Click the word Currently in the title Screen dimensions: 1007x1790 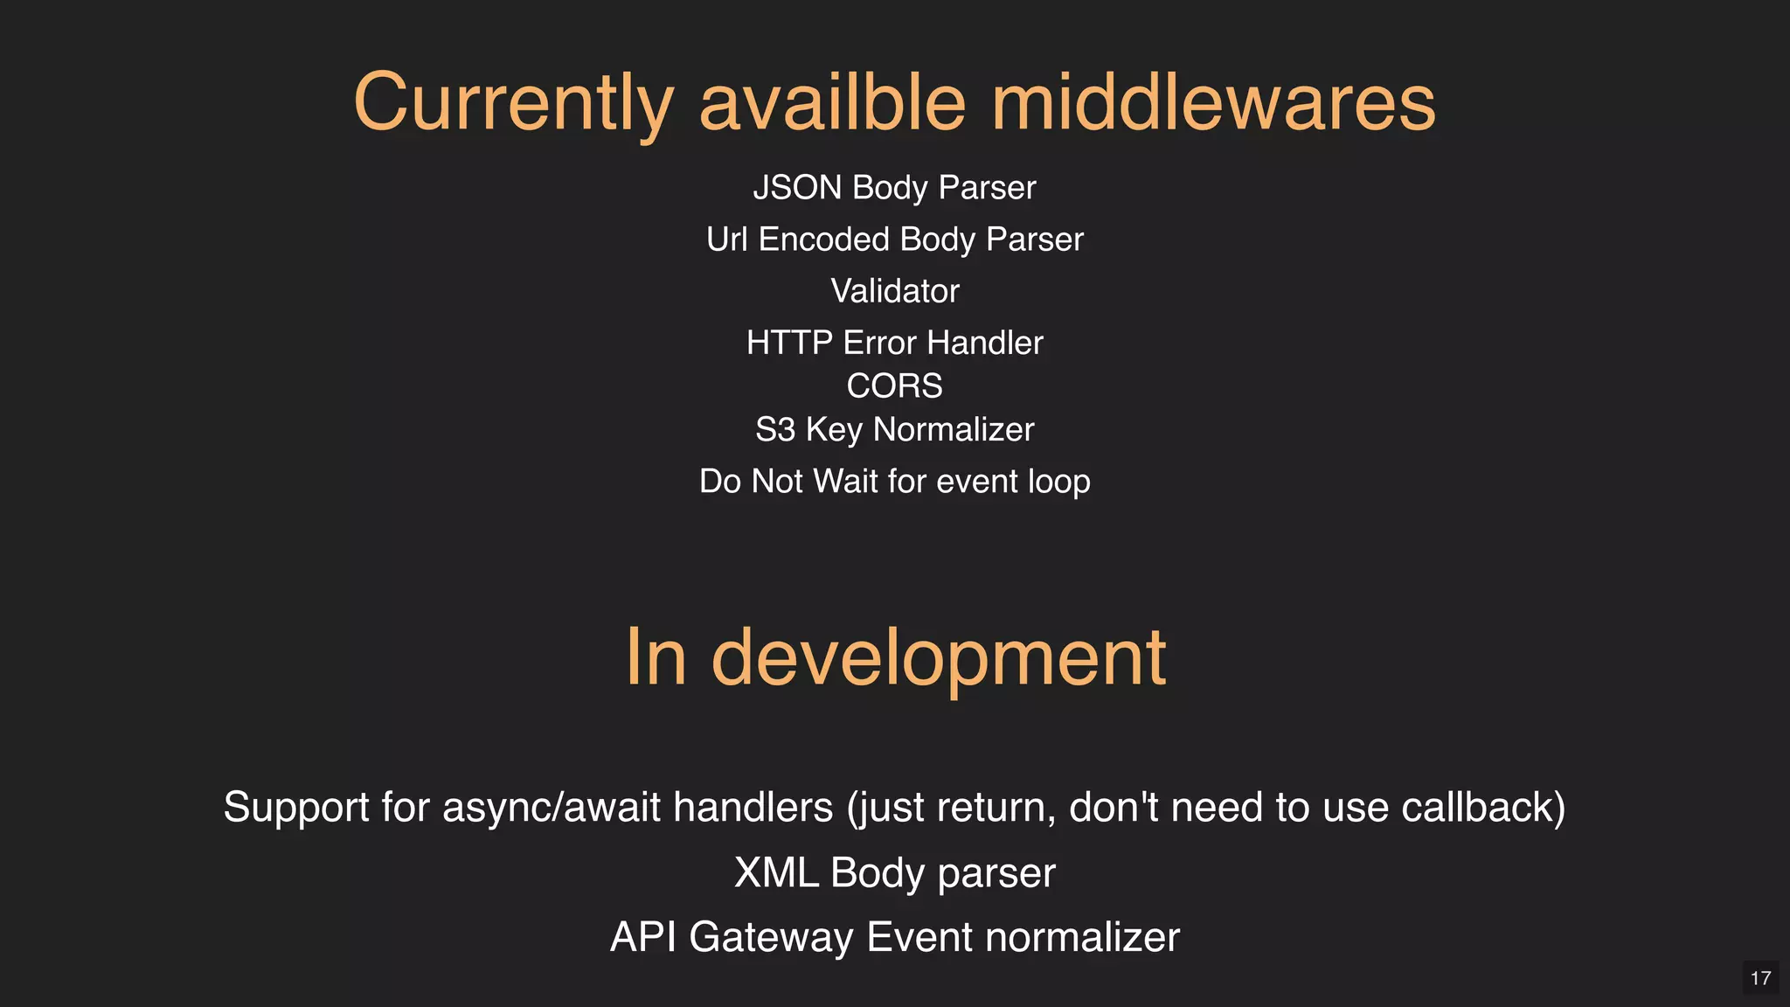(513, 103)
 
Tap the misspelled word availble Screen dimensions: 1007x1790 (832, 103)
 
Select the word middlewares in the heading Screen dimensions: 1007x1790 (1213, 103)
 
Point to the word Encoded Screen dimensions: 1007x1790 (823, 240)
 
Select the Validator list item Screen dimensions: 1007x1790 (895, 291)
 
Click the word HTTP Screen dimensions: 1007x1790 (789, 343)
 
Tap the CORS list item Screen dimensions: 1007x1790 (895, 386)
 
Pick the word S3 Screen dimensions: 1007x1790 (774, 430)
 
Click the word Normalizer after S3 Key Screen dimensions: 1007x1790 (954, 430)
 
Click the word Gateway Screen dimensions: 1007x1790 (771, 937)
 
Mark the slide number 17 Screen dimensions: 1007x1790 (1760, 978)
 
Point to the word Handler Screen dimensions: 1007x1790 (985, 343)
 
